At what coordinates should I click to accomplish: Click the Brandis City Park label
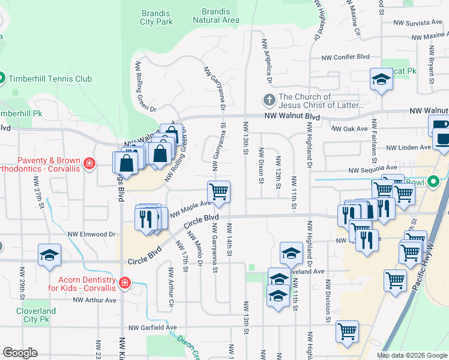pos(157,17)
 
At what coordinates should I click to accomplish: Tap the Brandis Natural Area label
pos(216,16)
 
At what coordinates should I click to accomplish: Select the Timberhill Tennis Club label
pos(49,79)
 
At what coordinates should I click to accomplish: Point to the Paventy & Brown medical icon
pos(89,163)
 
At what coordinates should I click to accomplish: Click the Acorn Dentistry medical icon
pos(125,283)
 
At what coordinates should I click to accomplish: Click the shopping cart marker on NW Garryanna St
pos(219,192)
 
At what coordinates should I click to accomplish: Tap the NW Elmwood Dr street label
pos(91,234)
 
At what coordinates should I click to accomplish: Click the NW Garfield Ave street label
pos(153,328)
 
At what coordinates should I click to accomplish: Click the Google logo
pos(20,353)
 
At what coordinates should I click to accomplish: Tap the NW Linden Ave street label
pos(408,147)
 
